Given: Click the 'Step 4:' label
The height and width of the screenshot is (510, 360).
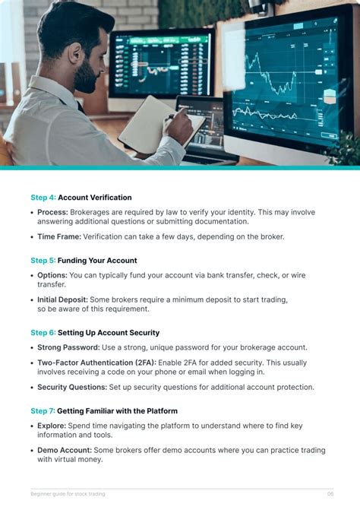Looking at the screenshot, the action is point(43,198).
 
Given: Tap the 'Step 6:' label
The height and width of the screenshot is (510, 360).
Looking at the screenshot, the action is point(43,333).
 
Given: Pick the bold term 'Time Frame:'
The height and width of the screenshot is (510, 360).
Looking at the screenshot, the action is point(58,236).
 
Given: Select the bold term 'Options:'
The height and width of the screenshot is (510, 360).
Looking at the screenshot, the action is point(52,275).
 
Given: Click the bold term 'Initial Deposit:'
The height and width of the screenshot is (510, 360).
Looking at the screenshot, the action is point(62,299).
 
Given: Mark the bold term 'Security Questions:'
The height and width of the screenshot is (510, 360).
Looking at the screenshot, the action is point(72,387).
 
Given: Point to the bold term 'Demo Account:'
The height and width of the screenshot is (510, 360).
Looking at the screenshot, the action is point(64,450).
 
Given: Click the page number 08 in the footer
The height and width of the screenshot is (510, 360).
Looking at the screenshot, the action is point(330,494).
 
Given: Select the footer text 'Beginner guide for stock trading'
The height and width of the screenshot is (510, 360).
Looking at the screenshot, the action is point(68,494).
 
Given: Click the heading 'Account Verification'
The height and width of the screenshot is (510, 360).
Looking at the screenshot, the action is point(95,198).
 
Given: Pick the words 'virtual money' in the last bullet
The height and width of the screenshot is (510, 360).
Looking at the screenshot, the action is point(76,460).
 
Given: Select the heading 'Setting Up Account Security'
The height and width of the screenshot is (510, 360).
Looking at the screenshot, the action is point(109,333).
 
